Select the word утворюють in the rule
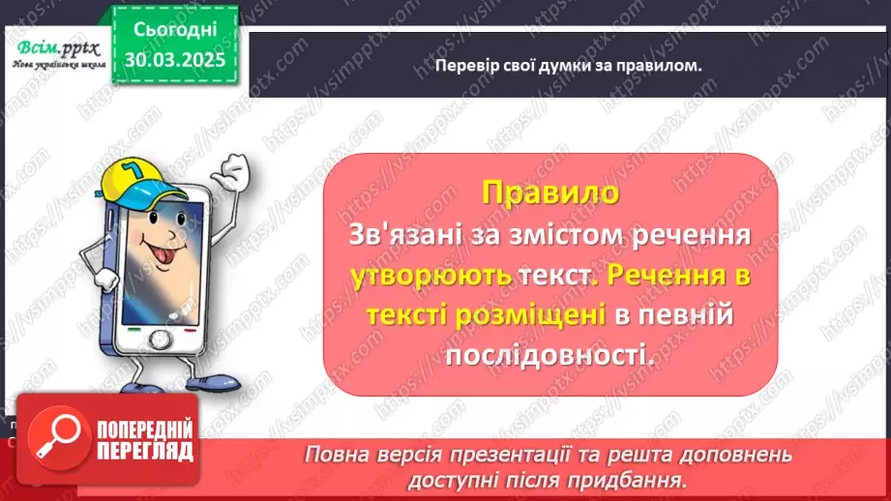431,276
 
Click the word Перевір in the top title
443,66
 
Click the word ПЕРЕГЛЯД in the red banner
144,450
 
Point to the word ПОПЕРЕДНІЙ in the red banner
144,429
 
